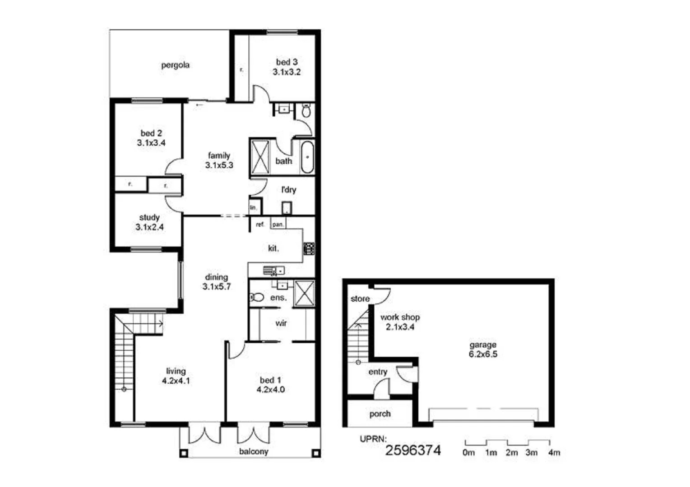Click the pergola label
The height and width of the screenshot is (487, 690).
click(175, 65)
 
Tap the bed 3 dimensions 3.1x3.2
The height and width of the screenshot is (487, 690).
click(287, 72)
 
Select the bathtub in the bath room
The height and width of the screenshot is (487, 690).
click(307, 157)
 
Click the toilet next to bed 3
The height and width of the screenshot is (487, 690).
click(306, 110)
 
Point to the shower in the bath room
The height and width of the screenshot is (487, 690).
click(260, 157)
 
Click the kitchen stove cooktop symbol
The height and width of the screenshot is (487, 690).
click(309, 248)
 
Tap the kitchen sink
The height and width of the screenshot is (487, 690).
click(273, 271)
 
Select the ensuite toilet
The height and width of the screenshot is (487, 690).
click(256, 297)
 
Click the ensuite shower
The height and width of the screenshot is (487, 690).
click(304, 294)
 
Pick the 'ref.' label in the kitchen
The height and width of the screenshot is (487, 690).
click(260, 224)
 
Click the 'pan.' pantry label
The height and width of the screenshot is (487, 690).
click(278, 224)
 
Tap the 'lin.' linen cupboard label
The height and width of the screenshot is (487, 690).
click(254, 207)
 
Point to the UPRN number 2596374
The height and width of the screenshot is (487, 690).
click(412, 450)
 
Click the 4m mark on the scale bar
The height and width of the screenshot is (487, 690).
click(554, 452)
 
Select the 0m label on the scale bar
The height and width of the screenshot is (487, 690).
click(469, 452)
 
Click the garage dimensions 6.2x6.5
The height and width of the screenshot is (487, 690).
click(483, 354)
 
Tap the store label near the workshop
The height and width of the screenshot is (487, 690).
click(360, 299)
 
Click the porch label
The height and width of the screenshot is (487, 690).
click(380, 414)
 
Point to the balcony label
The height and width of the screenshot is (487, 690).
click(253, 451)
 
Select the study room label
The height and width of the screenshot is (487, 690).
click(149, 217)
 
